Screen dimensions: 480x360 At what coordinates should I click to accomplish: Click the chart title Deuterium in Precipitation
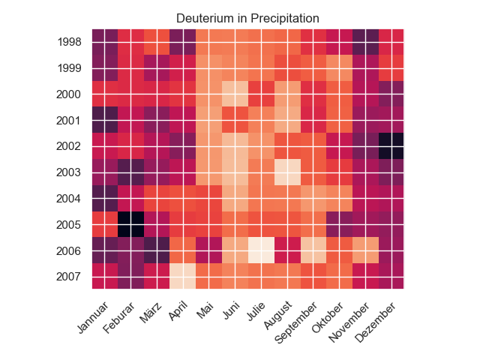click(247, 18)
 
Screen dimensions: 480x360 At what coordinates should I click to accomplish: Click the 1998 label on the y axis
click(70, 42)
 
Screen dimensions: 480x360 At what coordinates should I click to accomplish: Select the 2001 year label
click(68, 121)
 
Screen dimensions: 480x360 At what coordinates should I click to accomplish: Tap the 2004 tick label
click(68, 199)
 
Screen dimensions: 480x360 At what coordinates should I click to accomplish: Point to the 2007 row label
click(68, 277)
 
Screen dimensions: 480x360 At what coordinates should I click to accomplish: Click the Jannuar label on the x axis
click(93, 317)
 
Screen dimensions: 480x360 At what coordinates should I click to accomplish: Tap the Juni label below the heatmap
click(232, 310)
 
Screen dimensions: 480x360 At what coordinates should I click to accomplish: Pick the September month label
click(295, 322)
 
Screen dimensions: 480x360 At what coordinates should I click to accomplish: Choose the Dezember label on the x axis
click(376, 322)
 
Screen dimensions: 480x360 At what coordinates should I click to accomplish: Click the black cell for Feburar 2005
click(131, 225)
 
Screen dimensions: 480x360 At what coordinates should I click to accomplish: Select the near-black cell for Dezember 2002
click(391, 146)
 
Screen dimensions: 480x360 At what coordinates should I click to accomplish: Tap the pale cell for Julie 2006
click(261, 250)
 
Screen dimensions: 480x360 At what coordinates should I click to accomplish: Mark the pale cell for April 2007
click(183, 276)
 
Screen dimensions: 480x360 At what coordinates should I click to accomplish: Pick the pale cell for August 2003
click(287, 172)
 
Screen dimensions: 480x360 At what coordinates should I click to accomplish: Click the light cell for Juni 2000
click(235, 94)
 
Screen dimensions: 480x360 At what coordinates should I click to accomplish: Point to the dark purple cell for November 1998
click(365, 42)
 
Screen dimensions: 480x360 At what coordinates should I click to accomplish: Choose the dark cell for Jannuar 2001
click(105, 120)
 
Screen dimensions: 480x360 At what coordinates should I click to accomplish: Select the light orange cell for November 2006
click(365, 250)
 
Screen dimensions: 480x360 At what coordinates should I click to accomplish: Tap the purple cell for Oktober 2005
click(339, 225)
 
